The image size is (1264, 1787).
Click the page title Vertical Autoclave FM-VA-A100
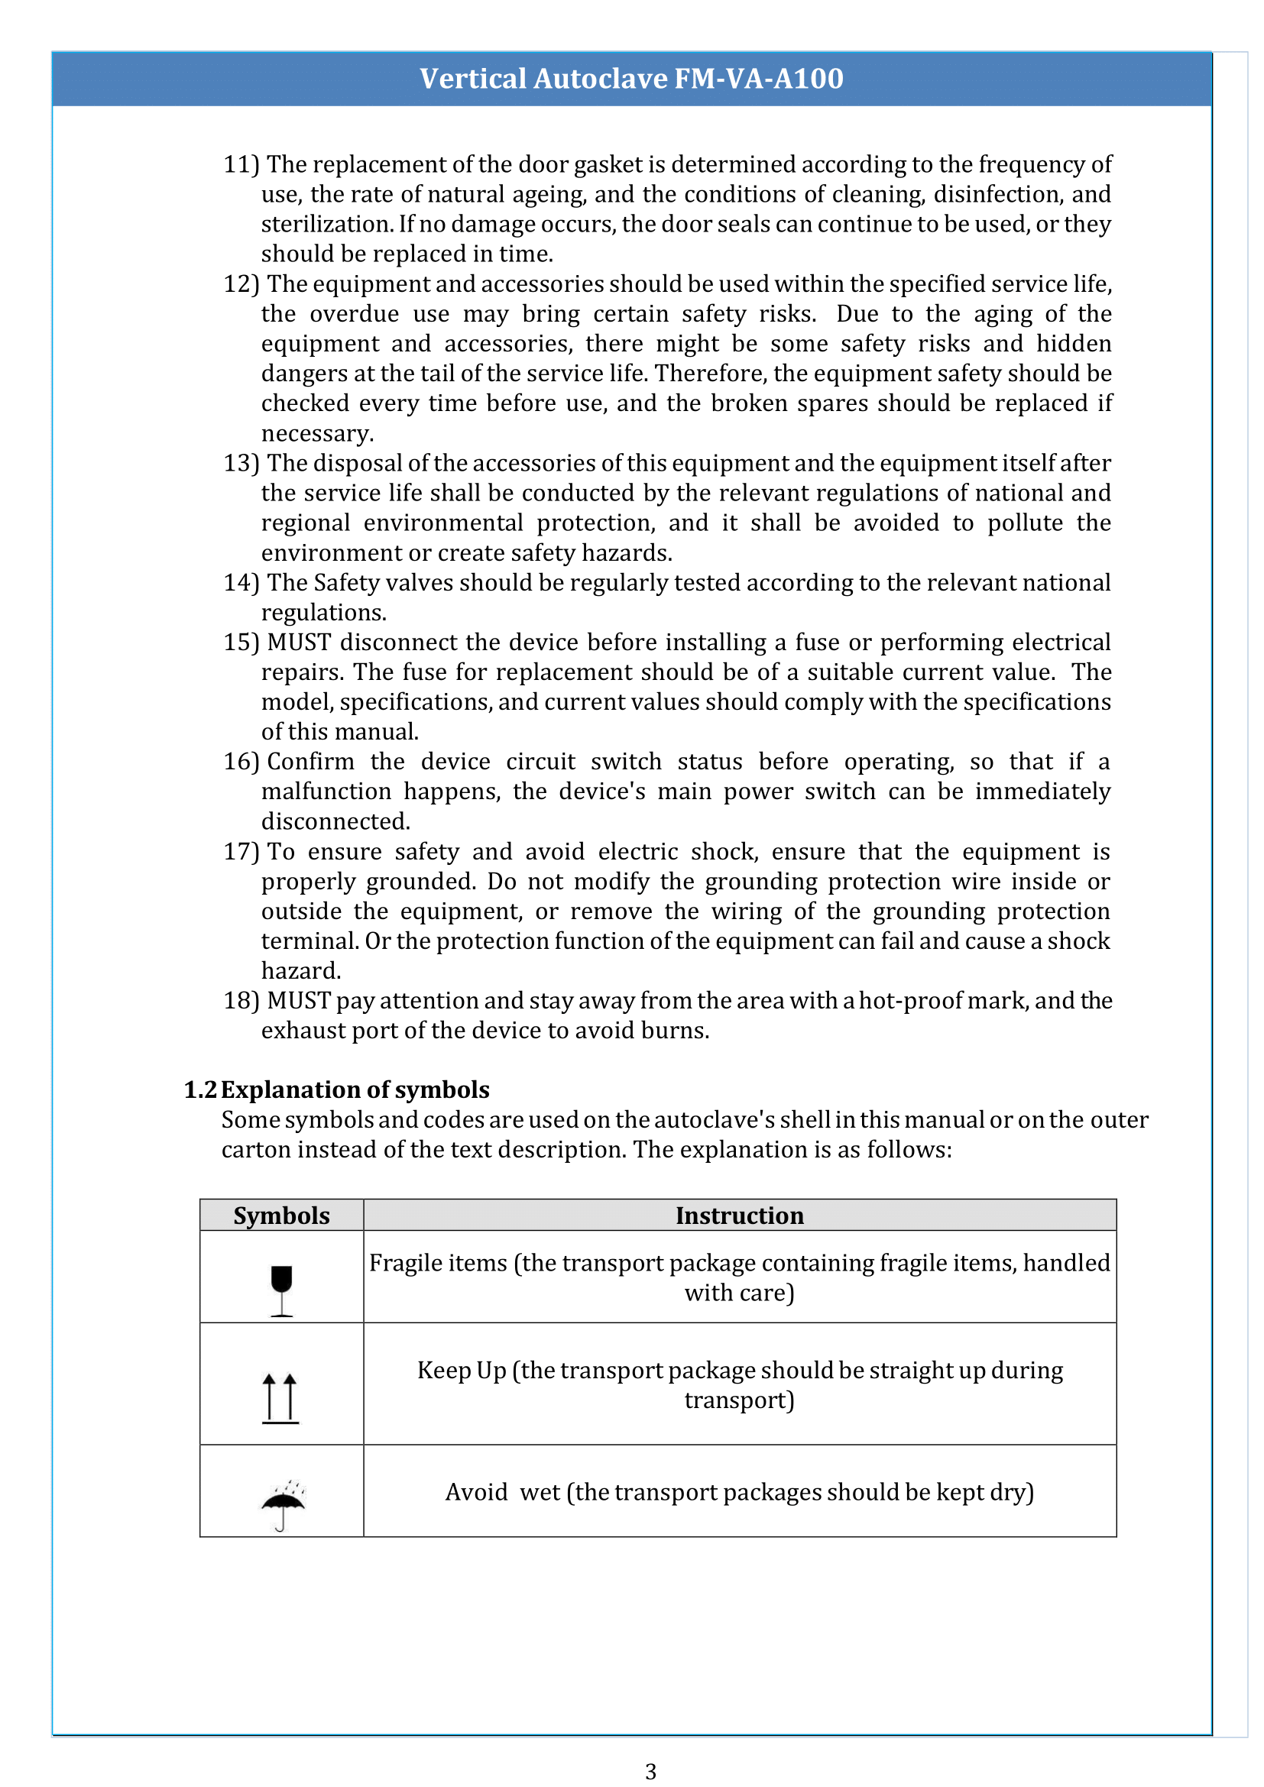point(631,79)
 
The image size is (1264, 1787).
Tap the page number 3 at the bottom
point(650,1772)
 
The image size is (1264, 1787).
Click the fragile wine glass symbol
point(281,1290)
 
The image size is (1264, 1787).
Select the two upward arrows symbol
point(280,1398)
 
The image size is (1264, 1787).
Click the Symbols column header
point(282,1216)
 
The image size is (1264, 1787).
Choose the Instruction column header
point(739,1216)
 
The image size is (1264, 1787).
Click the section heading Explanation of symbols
point(355,1089)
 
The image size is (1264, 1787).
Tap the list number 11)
point(241,165)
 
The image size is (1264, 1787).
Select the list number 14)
point(241,583)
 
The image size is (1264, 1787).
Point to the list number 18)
point(241,1001)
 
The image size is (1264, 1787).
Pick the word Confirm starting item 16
point(310,762)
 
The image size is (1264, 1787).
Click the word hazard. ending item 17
point(301,971)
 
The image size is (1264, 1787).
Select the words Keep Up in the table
point(462,1371)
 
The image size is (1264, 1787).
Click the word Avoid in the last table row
point(475,1492)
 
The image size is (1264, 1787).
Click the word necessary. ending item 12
point(318,433)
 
